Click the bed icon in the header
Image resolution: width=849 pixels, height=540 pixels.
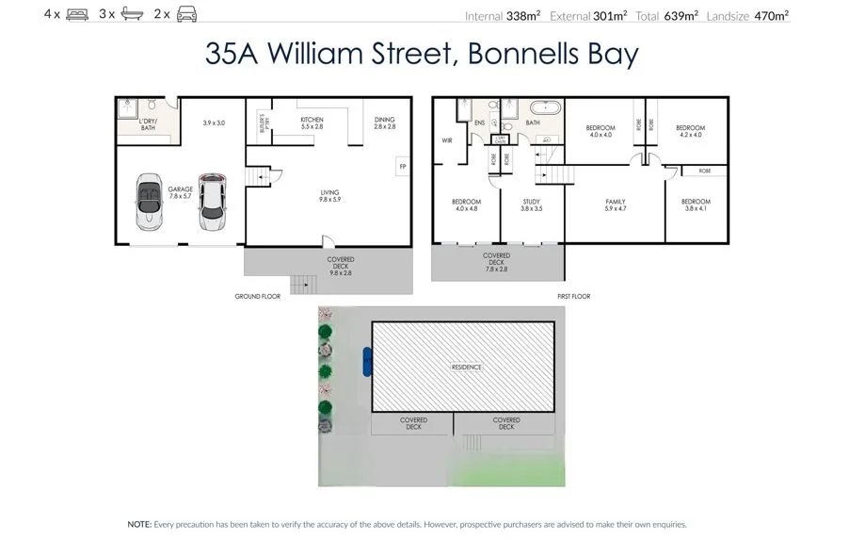pyautogui.click(x=77, y=15)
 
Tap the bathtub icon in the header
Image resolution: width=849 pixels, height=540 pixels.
pyautogui.click(x=132, y=15)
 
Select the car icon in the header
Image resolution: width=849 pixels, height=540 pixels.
pyautogui.click(x=187, y=15)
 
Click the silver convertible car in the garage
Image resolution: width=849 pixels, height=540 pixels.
pyautogui.click(x=149, y=202)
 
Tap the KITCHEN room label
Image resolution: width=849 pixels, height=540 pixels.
pyautogui.click(x=312, y=120)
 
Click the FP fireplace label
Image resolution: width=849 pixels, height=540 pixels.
pyautogui.click(x=402, y=168)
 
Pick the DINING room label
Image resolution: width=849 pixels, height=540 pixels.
pyautogui.click(x=384, y=120)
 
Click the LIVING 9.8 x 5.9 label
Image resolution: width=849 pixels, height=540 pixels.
pyautogui.click(x=328, y=196)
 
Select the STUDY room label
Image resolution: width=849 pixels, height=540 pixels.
pyautogui.click(x=532, y=202)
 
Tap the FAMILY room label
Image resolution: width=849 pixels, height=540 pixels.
pyautogui.click(x=616, y=202)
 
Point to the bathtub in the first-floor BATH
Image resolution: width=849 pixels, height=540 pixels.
pyautogui.click(x=543, y=107)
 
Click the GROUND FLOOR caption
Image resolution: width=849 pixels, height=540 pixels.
pyautogui.click(x=257, y=297)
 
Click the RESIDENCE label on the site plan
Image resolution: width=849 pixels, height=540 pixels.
pyautogui.click(x=466, y=368)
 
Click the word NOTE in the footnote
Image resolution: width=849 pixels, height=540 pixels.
pyautogui.click(x=139, y=523)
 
